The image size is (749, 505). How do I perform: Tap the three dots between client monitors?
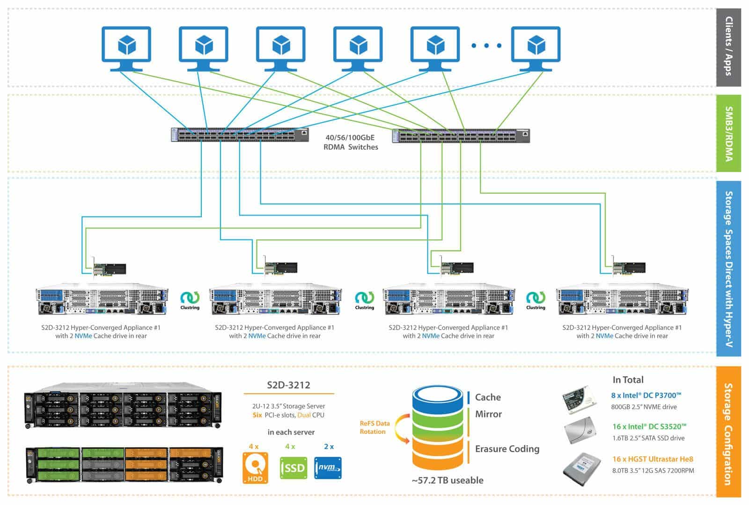tap(486, 45)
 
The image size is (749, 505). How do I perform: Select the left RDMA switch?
tap(239, 135)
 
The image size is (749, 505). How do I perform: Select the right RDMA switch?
tap(461, 136)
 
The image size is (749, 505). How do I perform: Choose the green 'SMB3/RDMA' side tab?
tap(728, 134)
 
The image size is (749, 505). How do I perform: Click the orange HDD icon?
tap(255, 468)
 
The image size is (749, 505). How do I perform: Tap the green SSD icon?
tap(294, 468)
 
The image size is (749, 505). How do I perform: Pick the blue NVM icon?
tap(328, 468)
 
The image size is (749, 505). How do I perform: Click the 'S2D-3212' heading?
tap(288, 385)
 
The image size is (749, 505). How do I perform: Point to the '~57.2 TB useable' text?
tap(448, 480)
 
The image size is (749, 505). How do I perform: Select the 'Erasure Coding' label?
tap(507, 449)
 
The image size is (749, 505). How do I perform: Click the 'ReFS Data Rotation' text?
tap(374, 427)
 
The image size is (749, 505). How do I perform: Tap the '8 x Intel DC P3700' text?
tap(646, 396)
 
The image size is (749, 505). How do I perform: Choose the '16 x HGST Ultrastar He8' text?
tap(653, 459)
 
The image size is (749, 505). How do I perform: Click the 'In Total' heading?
tap(628, 380)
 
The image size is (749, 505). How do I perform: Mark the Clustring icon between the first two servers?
tap(190, 300)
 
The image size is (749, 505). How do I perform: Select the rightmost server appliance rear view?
tap(622, 299)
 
